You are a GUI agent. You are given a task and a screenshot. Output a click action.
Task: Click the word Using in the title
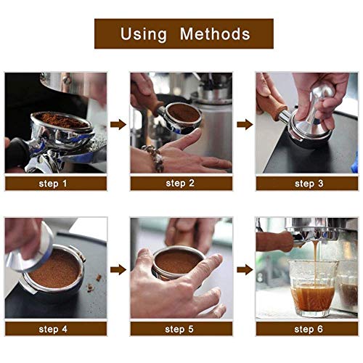(x=144, y=33)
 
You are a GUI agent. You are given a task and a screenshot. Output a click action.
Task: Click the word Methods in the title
(x=216, y=33)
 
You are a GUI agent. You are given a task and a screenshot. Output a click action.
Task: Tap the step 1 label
(x=55, y=184)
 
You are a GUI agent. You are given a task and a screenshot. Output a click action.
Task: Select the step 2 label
(x=181, y=184)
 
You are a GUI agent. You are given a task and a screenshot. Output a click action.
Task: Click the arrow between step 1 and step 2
(x=118, y=124)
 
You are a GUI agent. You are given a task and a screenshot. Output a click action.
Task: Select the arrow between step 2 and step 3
(x=244, y=124)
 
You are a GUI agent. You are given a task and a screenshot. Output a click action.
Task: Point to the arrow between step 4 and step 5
(x=118, y=269)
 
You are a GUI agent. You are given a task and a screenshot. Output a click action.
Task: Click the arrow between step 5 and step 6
(x=244, y=269)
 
